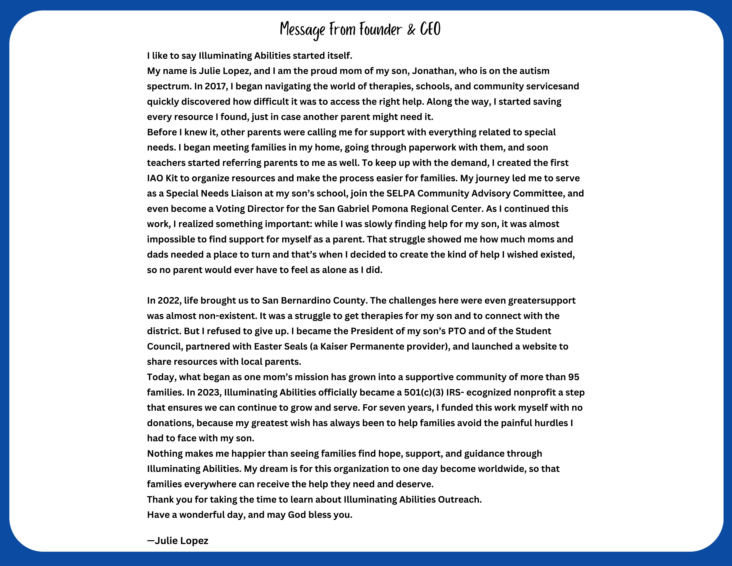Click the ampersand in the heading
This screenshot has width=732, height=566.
click(x=411, y=30)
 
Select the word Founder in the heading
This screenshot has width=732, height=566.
click(x=380, y=30)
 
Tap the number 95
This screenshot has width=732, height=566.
click(x=573, y=377)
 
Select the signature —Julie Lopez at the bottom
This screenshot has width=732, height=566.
click(x=178, y=540)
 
